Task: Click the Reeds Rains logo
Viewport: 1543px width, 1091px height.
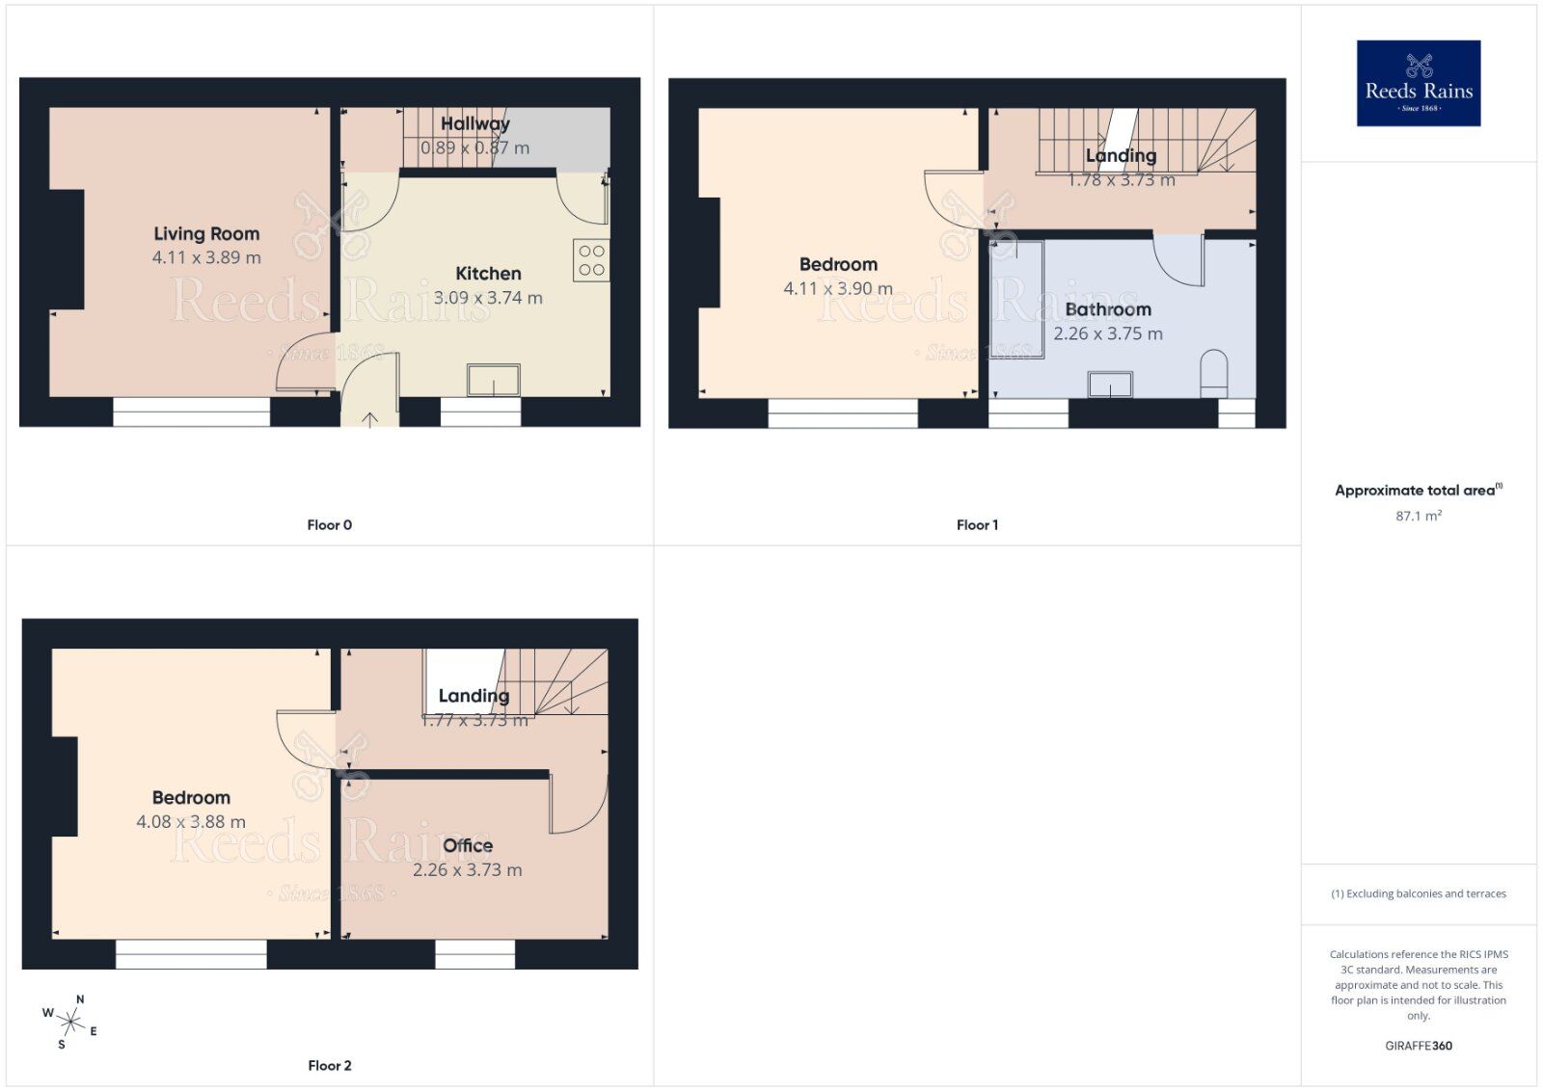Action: [1418, 83]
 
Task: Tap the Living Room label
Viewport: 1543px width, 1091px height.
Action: [206, 233]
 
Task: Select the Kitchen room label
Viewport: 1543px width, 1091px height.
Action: [488, 274]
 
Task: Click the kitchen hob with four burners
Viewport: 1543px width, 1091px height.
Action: [591, 260]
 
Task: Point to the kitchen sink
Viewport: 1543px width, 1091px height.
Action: [494, 380]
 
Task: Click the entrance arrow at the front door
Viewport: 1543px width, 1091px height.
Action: [370, 418]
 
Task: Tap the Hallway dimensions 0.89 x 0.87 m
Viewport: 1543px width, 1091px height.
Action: [474, 148]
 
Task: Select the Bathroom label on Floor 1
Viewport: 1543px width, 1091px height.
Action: [1108, 309]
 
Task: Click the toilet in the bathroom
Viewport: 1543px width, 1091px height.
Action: [1213, 373]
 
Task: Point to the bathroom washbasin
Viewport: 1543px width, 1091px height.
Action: [1110, 385]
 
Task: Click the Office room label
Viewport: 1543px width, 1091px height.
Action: [468, 845]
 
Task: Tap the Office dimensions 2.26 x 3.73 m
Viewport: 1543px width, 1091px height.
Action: [468, 870]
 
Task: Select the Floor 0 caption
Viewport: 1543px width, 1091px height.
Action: [330, 525]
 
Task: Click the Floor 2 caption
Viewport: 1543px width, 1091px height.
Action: [330, 1066]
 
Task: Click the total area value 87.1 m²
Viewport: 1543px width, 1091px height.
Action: [1419, 517]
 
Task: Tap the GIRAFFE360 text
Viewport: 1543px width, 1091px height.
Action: [1419, 1046]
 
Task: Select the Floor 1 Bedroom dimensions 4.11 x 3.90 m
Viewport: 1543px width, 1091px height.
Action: [838, 288]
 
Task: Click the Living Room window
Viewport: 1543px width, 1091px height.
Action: [192, 412]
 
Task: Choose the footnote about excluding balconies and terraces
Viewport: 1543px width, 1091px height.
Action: [1419, 894]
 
